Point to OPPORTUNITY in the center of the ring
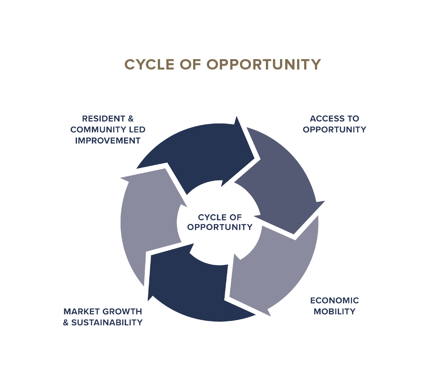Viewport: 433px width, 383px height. click(x=220, y=227)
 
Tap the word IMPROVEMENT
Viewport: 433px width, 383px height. click(x=108, y=141)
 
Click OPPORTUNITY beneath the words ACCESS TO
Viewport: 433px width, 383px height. click(x=334, y=130)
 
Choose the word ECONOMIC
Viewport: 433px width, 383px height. click(x=334, y=300)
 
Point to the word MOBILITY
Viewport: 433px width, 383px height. click(x=334, y=312)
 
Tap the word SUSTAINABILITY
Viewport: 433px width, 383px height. click(x=107, y=322)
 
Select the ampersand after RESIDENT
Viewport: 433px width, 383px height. click(x=130, y=119)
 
